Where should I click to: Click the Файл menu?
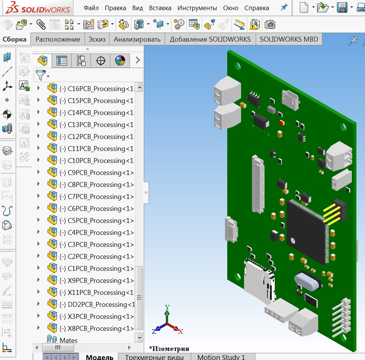coord(91,8)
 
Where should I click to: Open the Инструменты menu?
coord(197,8)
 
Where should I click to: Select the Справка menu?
coord(256,8)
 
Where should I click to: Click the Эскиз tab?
coord(97,39)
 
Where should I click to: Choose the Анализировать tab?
coord(137,39)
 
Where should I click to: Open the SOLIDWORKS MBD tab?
coord(289,39)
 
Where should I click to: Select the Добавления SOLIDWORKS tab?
coord(210,39)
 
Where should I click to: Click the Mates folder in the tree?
coord(68,341)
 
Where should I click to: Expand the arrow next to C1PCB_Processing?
coord(38,269)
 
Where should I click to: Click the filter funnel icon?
coord(41,75)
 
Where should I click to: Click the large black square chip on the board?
coord(307,230)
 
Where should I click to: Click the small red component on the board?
coord(282,122)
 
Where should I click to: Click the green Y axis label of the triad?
coord(167,308)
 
